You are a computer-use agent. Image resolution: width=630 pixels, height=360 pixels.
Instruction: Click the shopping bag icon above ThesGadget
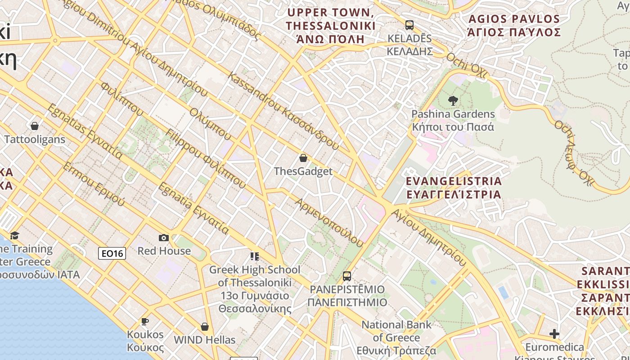point(303,158)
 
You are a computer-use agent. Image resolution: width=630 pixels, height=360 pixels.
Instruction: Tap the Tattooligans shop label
point(35,139)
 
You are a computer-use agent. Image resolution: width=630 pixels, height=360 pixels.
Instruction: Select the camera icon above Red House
point(164,238)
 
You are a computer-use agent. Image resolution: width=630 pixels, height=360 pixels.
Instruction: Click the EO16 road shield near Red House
point(112,253)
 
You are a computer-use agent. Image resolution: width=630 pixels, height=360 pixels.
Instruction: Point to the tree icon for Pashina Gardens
point(453,101)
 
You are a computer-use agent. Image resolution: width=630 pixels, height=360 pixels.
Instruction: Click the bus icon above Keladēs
point(409,25)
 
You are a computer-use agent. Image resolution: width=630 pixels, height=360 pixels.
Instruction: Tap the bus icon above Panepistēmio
point(346,276)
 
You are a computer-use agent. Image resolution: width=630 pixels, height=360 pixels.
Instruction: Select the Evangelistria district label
point(454,188)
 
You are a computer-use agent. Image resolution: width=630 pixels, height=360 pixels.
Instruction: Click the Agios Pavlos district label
point(514,26)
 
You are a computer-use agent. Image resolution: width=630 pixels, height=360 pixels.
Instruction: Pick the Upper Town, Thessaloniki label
point(331,26)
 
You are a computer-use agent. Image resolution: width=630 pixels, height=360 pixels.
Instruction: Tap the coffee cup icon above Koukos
point(145,321)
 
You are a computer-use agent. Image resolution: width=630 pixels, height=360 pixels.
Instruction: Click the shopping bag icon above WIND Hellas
point(205,327)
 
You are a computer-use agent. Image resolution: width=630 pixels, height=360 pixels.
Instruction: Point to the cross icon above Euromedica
point(554,334)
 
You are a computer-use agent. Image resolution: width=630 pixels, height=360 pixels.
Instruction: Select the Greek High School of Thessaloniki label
point(255,289)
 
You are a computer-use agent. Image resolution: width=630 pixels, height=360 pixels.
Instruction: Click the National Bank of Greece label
point(396,337)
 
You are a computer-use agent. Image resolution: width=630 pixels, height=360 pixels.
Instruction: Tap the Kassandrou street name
point(283,111)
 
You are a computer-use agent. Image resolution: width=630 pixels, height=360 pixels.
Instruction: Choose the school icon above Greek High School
point(255,256)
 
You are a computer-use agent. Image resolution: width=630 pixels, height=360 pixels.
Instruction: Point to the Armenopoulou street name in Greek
point(328,223)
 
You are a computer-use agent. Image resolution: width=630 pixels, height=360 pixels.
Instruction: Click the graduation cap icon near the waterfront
point(14,236)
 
